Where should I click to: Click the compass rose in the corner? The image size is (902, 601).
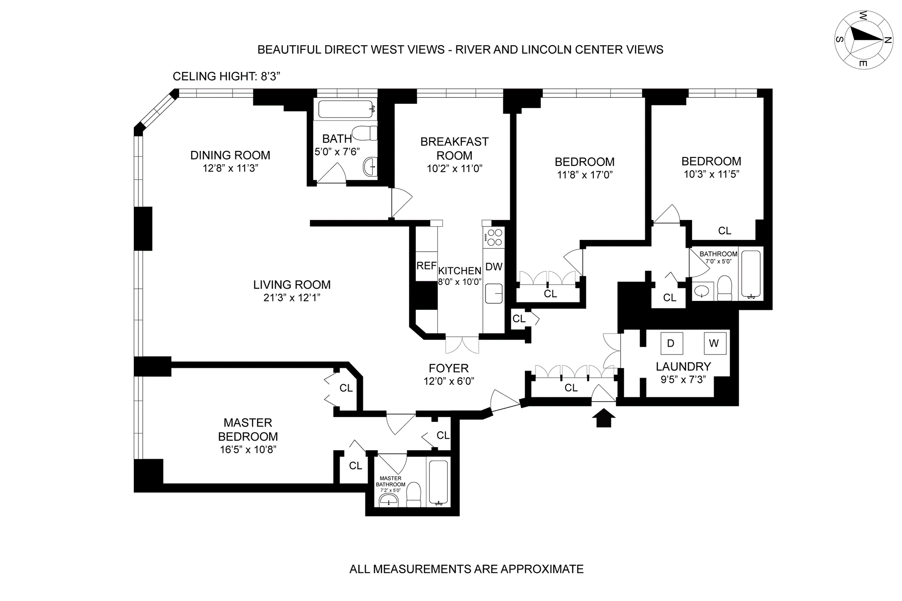[863, 40]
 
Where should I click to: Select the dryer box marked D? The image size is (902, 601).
[670, 343]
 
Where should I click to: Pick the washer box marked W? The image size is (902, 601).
[714, 343]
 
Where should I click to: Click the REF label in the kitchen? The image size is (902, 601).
[426, 266]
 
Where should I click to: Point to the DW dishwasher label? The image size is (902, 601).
[494, 267]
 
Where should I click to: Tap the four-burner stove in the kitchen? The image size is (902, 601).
[494, 237]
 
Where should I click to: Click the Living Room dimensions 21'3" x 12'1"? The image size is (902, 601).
[292, 297]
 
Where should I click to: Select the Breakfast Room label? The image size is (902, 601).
[454, 148]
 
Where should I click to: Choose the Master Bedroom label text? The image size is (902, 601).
[248, 429]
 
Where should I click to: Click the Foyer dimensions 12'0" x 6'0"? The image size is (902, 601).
[449, 381]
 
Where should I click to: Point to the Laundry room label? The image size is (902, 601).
[683, 366]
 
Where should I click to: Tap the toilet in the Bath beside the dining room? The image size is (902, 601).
[365, 133]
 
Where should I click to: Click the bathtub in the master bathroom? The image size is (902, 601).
[439, 482]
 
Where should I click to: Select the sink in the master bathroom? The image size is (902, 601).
[389, 500]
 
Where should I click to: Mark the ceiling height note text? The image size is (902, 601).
[226, 76]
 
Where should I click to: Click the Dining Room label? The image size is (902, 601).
[230, 155]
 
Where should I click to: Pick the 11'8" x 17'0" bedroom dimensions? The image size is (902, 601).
[584, 175]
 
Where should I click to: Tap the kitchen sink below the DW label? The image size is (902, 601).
[494, 293]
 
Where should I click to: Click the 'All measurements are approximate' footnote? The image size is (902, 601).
[466, 569]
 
